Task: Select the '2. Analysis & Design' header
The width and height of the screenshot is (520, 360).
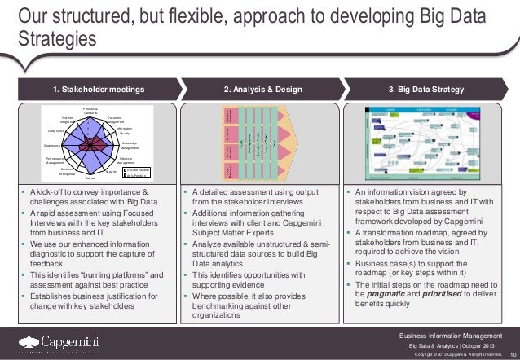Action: coord(260,89)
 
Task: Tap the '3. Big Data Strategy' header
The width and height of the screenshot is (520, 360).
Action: coord(427,89)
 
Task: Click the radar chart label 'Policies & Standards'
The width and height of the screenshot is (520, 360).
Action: coord(90,110)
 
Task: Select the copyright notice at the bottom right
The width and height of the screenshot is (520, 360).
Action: coord(458,355)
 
